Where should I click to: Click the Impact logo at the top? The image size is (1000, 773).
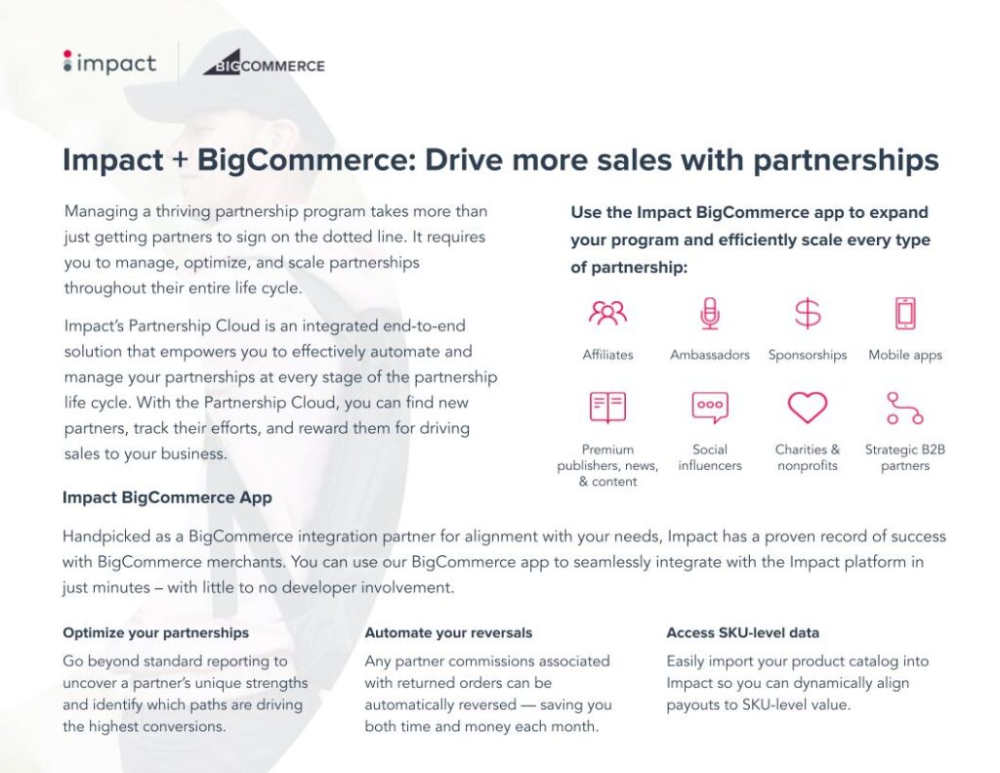point(108,64)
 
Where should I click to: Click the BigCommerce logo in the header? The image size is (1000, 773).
point(264,64)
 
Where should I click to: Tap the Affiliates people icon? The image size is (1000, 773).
point(607,313)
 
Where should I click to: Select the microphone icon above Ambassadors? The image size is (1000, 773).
point(710,313)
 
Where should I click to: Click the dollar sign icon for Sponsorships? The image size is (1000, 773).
point(808,313)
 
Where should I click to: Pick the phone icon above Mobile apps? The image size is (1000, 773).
point(905,313)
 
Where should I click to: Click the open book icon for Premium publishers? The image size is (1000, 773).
point(607,407)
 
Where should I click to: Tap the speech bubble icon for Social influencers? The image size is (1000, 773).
point(710,407)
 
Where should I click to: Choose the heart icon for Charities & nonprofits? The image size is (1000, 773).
point(808,407)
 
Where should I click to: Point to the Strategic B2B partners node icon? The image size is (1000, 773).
point(905,407)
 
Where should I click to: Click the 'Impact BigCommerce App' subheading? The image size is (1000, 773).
point(167,497)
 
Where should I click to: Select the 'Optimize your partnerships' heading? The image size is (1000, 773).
point(155,632)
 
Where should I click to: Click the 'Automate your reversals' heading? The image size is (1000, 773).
point(448,632)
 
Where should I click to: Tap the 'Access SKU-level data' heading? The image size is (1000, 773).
point(742,632)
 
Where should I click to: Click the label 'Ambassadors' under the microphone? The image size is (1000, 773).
point(710,355)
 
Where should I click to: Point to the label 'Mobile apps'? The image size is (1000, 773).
point(905,355)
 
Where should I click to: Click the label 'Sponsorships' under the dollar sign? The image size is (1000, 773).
point(808,355)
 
